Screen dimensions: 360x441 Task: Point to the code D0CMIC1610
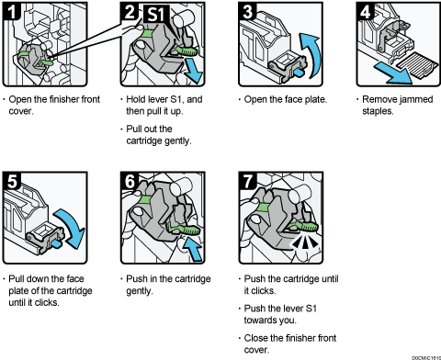(x=421, y=355)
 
